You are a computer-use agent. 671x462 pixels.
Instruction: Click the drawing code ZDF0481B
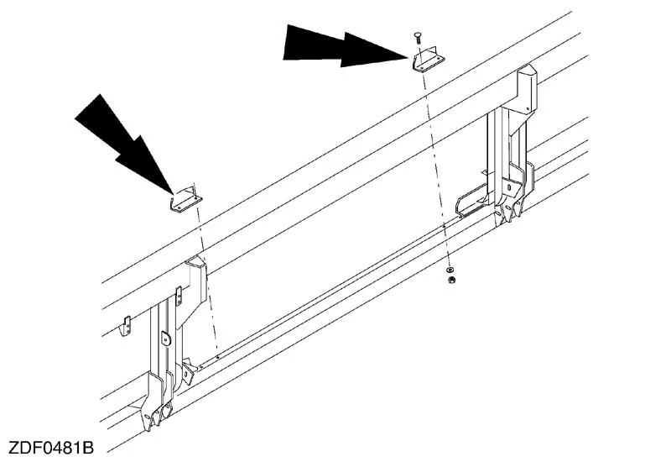[x=51, y=448]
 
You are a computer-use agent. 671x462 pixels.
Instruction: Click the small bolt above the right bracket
[x=417, y=38]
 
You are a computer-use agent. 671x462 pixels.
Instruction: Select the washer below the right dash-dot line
[x=450, y=270]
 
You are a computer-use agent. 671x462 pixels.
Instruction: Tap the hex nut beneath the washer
[x=450, y=281]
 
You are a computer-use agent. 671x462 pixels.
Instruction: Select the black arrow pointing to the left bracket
[x=124, y=144]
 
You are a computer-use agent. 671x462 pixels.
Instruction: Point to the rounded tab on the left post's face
[x=165, y=339]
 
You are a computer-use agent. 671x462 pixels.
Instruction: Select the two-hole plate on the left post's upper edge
[x=179, y=296]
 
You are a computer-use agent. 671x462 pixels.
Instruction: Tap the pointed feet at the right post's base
[x=509, y=213]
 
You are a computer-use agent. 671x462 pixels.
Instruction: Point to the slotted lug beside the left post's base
[x=187, y=372]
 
